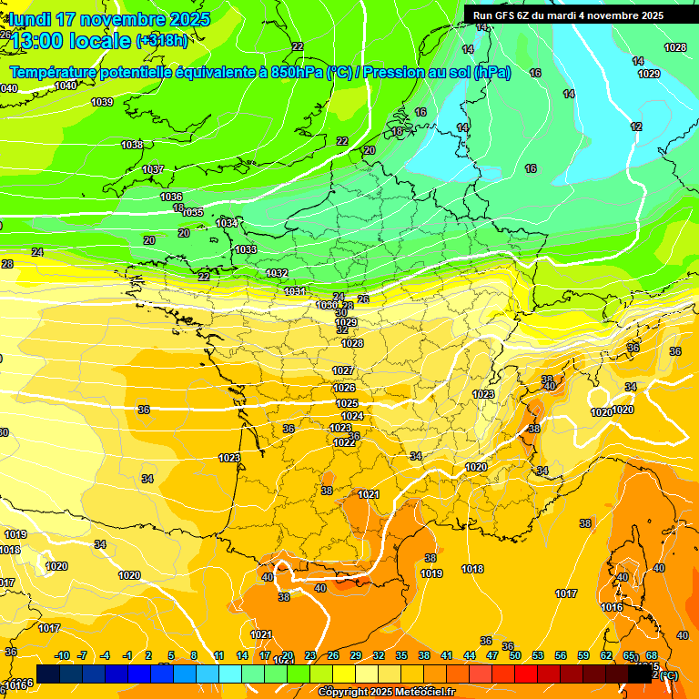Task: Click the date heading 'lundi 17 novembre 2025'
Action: pyautogui.click(x=109, y=19)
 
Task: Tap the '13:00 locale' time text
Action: pyautogui.click(x=71, y=41)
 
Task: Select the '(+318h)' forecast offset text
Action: pyautogui.click(x=162, y=41)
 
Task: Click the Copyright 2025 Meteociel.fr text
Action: pyautogui.click(x=386, y=692)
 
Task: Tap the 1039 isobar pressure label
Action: pyautogui.click(x=102, y=102)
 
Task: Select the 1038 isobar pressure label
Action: pyautogui.click(x=132, y=145)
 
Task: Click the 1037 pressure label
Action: pyautogui.click(x=153, y=170)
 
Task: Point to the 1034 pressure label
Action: pyautogui.click(x=227, y=223)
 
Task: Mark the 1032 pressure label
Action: pyautogui.click(x=277, y=273)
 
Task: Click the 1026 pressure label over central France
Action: pyautogui.click(x=344, y=388)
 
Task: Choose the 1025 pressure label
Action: pyautogui.click(x=347, y=403)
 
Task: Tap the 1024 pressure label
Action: pyautogui.click(x=352, y=416)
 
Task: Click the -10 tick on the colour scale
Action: pyautogui.click(x=62, y=655)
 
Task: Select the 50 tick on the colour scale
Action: pyautogui.click(x=515, y=655)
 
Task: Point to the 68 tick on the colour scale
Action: pyautogui.click(x=652, y=655)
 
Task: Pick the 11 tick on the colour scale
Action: pyautogui.click(x=218, y=655)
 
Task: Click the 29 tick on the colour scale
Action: pyautogui.click(x=355, y=655)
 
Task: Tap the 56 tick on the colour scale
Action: pyautogui.click(x=561, y=655)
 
